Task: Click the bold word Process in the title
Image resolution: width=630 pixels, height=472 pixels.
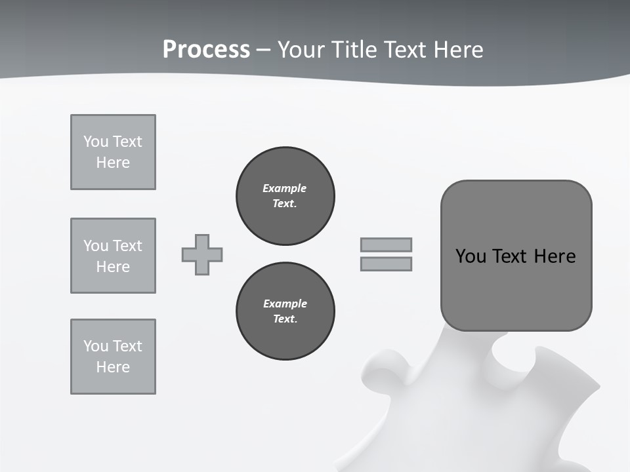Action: click(206, 50)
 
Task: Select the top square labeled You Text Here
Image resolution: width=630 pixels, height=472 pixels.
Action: click(113, 152)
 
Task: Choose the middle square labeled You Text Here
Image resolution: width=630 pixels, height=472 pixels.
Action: click(113, 256)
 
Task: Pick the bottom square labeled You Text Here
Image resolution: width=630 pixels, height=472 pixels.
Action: click(113, 357)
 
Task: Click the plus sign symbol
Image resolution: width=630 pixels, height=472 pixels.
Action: click(202, 254)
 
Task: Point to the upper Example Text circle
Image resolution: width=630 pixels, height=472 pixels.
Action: click(285, 196)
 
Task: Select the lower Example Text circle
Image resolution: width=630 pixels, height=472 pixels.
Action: click(285, 311)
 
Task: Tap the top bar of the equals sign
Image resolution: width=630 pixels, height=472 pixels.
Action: click(386, 245)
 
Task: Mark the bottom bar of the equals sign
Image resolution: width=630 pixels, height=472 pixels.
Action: click(386, 264)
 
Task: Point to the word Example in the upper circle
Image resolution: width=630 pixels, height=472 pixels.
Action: click(284, 188)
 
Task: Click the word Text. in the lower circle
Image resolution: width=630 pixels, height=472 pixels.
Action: click(285, 319)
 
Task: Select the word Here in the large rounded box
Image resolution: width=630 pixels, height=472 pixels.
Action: click(555, 256)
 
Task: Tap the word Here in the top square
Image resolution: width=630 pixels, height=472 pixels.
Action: click(113, 163)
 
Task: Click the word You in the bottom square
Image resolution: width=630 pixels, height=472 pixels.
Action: click(95, 346)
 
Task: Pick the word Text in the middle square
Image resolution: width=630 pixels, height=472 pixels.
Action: click(127, 246)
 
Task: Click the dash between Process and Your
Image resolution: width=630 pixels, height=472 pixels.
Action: click(264, 50)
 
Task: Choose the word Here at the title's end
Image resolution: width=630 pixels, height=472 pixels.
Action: click(459, 50)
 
